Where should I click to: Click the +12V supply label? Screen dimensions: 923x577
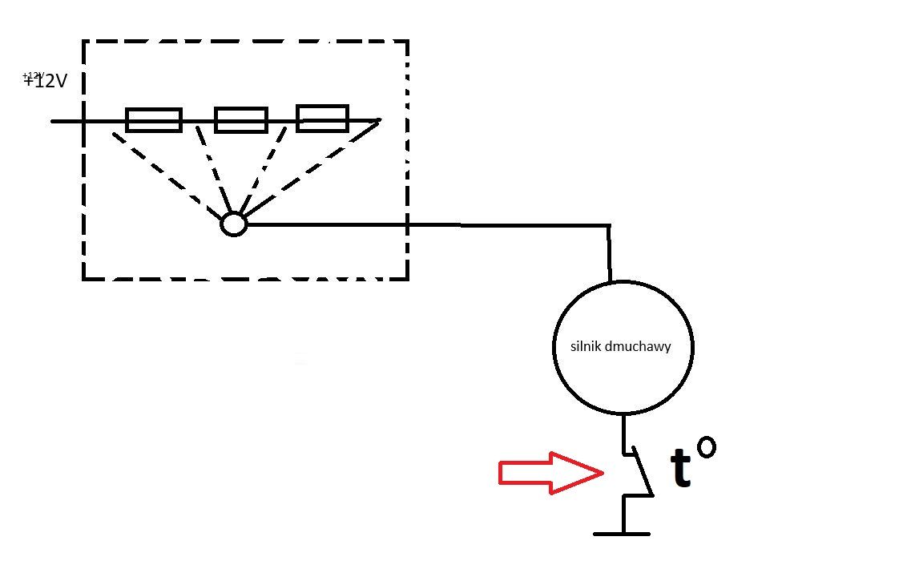(x=46, y=80)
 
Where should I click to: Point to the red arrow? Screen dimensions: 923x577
(x=550, y=473)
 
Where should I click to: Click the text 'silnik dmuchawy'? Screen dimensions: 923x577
(x=620, y=346)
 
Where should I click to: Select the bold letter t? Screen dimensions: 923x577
(x=681, y=469)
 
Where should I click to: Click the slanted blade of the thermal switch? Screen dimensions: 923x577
(x=643, y=471)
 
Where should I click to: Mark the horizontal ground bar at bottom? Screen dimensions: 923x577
(x=622, y=534)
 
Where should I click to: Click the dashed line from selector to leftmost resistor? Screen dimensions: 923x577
(x=167, y=174)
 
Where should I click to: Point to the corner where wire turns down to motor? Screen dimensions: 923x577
(x=609, y=225)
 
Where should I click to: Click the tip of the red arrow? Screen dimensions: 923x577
(x=603, y=472)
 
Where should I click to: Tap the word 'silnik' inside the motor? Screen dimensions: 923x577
(x=586, y=346)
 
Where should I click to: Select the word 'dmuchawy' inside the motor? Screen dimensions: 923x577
(x=638, y=346)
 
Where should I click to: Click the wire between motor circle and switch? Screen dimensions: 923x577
(x=623, y=434)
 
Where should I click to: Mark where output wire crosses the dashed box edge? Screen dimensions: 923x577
(x=407, y=224)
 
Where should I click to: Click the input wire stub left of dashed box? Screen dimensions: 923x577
(x=67, y=121)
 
